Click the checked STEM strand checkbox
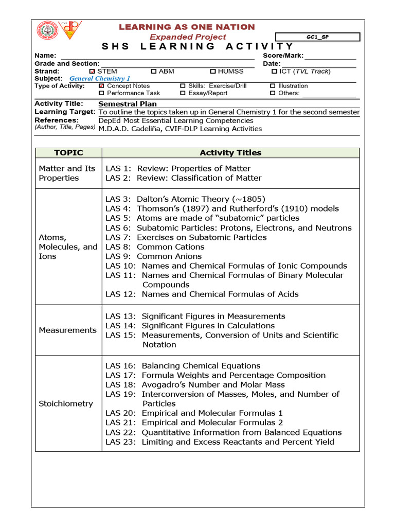pos(92,72)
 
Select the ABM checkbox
pos(154,72)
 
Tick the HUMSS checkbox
pos(213,72)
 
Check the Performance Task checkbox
pos(101,93)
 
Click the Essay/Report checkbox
pos(183,93)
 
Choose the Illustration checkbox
pos(273,86)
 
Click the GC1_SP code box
pos(317,37)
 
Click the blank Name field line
pos(157,57)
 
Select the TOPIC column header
pos(68,153)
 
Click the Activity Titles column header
pos(230,153)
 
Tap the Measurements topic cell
pos(68,330)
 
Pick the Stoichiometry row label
pos(66,403)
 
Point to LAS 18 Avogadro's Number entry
pos(195,384)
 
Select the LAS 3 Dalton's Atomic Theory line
pos(186,199)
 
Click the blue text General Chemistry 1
pos(100,79)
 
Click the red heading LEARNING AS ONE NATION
pos(187,27)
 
